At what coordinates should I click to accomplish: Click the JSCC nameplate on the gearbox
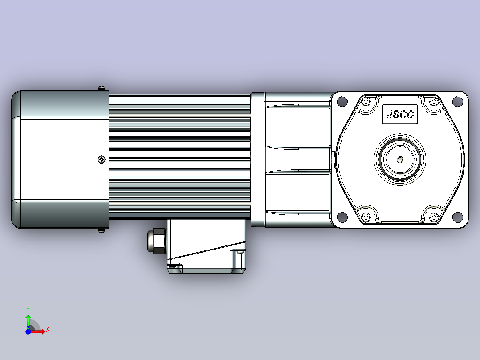[400, 114]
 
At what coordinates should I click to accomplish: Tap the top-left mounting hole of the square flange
[342, 102]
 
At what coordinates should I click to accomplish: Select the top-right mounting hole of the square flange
[457, 102]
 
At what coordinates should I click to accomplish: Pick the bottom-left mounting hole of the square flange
[342, 217]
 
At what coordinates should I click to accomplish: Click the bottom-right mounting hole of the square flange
[457, 217]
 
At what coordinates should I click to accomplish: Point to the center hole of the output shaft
[400, 160]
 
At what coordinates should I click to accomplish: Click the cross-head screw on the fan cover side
[102, 160]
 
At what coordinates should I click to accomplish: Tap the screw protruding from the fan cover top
[102, 89]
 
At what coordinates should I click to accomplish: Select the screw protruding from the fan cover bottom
[102, 230]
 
